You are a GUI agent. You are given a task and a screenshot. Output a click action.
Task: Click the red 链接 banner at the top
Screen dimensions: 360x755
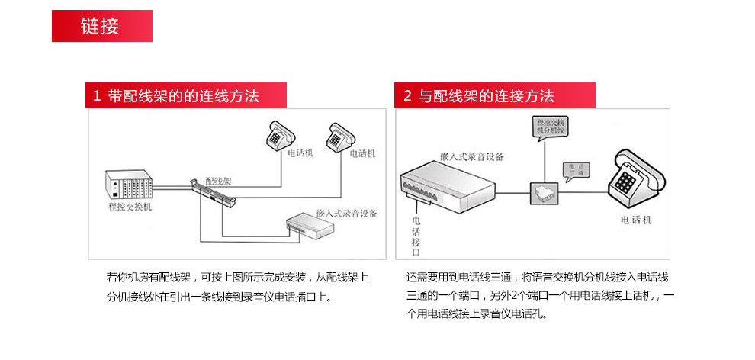pos(101,26)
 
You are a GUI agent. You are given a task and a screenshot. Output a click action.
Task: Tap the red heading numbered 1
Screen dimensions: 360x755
pos(186,96)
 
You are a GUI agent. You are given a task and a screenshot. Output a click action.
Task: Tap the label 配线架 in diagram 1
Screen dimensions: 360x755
pos(219,182)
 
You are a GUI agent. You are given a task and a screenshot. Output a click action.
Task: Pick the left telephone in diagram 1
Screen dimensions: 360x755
pos(278,135)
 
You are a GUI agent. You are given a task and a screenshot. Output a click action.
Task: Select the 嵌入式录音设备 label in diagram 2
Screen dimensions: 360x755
pos(471,156)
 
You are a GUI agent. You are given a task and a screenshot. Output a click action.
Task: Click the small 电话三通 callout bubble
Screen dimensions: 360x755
pos(575,169)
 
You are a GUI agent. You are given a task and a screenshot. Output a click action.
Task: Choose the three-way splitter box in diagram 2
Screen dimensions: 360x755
pos(546,194)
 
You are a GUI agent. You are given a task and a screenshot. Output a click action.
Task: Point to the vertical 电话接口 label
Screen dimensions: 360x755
pos(416,233)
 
